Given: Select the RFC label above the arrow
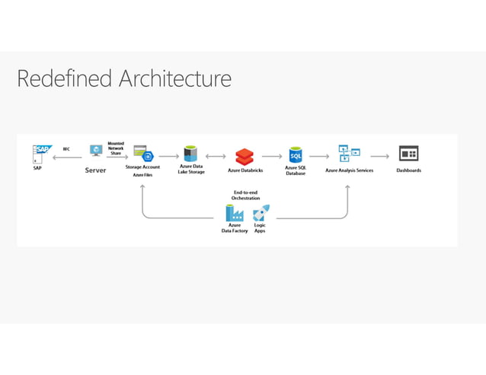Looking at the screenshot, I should [66, 150].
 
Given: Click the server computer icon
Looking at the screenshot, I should [96, 151].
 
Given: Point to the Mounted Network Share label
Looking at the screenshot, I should [116, 148].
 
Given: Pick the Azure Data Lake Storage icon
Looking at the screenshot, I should [190, 153].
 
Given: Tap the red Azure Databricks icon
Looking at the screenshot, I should [244, 156].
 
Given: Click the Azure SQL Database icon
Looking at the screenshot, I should [296, 154].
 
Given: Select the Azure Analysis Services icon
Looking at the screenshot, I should [349, 154].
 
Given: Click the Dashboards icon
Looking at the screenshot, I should [408, 154].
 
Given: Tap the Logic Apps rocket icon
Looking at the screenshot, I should [260, 213].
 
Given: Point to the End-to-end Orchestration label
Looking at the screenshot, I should [246, 195].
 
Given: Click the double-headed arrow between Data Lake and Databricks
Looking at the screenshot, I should [216, 157].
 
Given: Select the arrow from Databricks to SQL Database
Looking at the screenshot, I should [271, 157].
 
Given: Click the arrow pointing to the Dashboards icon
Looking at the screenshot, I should [380, 157].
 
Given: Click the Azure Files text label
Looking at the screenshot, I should [142, 175].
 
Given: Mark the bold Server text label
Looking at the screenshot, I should [95, 170].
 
